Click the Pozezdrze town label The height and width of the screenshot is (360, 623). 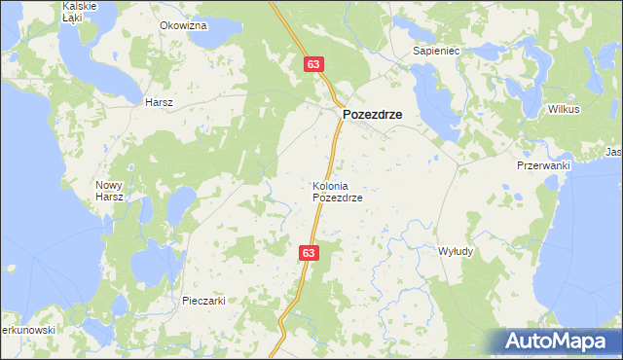click(x=372, y=114)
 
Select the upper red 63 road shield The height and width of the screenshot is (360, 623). click(x=312, y=64)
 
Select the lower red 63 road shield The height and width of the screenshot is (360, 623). click(x=309, y=252)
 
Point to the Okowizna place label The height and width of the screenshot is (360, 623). click(x=183, y=25)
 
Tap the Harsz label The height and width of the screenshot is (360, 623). click(x=158, y=102)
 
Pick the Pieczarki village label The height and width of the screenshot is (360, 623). click(x=203, y=301)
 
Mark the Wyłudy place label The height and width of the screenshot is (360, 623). click(x=456, y=251)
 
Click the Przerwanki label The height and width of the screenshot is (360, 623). click(x=542, y=165)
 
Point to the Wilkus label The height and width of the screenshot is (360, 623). click(x=564, y=109)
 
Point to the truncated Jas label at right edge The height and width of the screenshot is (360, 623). click(x=613, y=153)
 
